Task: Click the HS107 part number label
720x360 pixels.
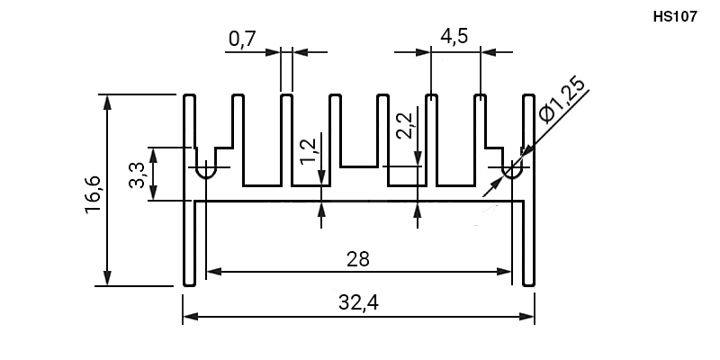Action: (x=675, y=17)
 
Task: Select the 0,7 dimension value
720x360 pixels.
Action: (x=242, y=39)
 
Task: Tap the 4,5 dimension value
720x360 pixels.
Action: (x=454, y=36)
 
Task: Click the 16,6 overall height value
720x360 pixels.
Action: (x=94, y=194)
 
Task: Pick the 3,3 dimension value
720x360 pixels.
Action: (x=137, y=175)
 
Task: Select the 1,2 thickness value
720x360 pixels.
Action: (x=309, y=150)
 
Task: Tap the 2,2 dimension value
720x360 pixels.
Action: (x=405, y=126)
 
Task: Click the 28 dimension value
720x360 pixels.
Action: (x=358, y=259)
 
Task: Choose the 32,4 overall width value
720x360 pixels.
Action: (x=358, y=302)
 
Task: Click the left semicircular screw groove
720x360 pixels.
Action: (x=206, y=173)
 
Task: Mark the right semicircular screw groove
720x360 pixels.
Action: (x=512, y=173)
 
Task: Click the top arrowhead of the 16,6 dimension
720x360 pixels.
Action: (x=107, y=103)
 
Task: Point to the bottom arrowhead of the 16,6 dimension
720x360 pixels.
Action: (x=107, y=278)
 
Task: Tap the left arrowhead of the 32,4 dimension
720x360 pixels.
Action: (x=191, y=317)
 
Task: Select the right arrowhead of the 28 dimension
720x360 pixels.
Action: (x=504, y=272)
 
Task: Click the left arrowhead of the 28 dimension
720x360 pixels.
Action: (x=214, y=272)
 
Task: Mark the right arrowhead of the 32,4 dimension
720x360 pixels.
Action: (x=526, y=317)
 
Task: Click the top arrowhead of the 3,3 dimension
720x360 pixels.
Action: (x=154, y=156)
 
